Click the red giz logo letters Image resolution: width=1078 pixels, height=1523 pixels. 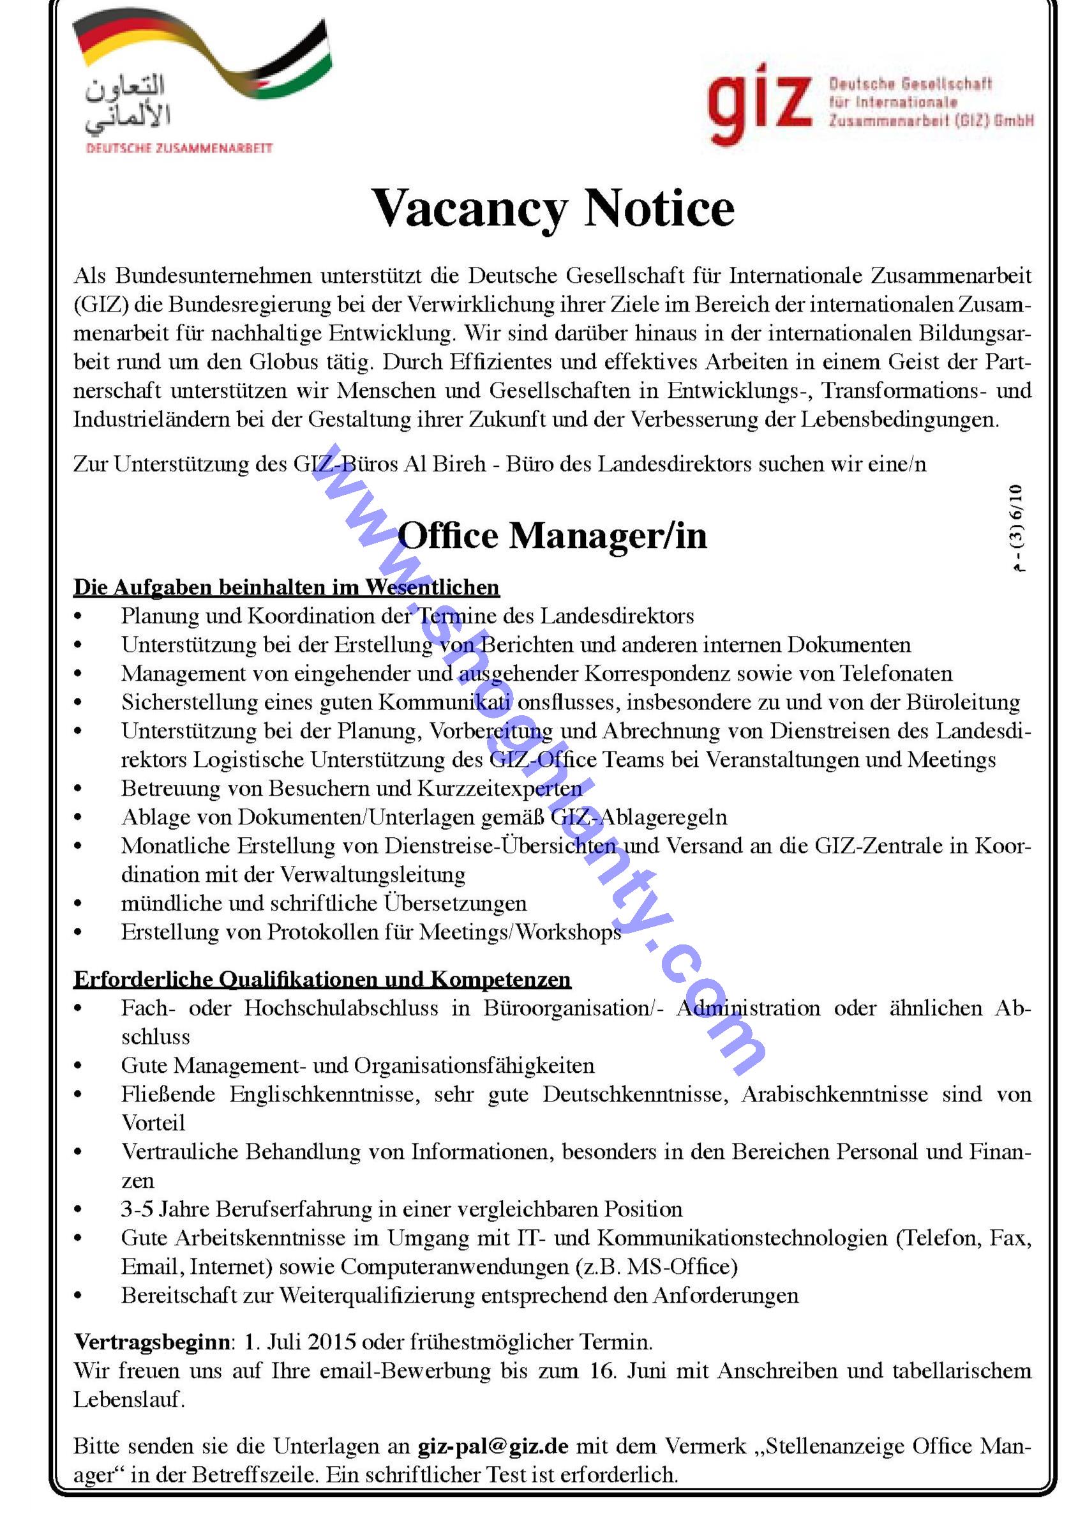pyautogui.click(x=759, y=106)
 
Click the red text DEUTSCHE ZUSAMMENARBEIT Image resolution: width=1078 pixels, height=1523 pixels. pyautogui.click(x=179, y=148)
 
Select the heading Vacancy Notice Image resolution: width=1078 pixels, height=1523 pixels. pyautogui.click(x=553, y=209)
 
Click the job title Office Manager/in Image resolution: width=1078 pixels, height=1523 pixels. pyautogui.click(x=552, y=535)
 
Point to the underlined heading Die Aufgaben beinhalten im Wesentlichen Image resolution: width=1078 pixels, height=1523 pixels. pyautogui.click(x=286, y=587)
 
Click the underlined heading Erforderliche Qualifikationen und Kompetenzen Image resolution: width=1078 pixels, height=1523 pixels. pyautogui.click(x=322, y=979)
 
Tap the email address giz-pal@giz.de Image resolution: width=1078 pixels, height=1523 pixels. pyautogui.click(x=493, y=1446)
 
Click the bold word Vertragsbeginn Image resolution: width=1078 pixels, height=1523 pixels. pyautogui.click(x=152, y=1342)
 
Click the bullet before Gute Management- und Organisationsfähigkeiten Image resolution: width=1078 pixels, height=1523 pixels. pyautogui.click(x=79, y=1066)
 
